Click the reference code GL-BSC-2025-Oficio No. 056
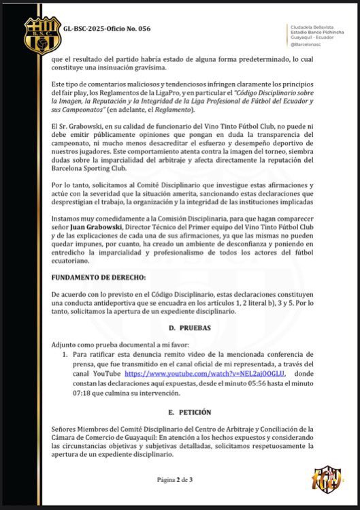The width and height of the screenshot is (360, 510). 106,29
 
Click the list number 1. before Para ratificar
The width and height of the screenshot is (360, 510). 65,355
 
